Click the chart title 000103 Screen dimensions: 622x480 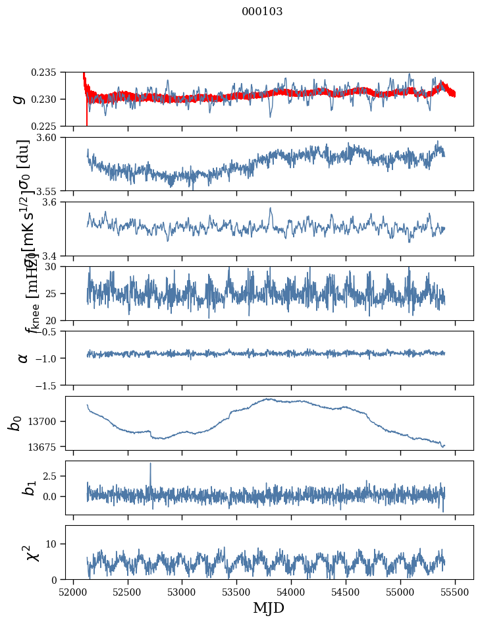[262, 12]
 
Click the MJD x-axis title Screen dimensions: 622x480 [269, 608]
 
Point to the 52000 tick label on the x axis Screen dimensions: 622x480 [73, 591]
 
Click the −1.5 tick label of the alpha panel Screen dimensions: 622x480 [49, 385]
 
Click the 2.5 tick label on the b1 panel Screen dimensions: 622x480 [53, 476]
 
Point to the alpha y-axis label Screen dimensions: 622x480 [23, 358]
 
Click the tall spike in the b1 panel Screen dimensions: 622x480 [150, 465]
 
